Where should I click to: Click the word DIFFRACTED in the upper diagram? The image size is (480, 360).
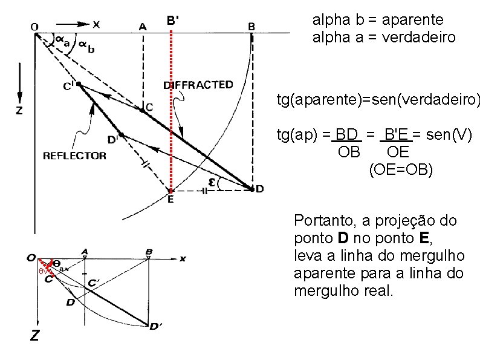[198, 85]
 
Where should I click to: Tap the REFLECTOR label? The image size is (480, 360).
[74, 155]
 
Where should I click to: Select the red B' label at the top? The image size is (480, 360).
[172, 21]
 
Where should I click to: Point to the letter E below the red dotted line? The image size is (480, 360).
[170, 200]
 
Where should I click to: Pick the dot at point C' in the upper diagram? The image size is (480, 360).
[79, 84]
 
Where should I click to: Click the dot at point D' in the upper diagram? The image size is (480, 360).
[122, 134]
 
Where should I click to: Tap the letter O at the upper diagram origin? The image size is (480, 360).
[34, 26]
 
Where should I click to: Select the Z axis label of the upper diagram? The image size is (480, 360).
[19, 111]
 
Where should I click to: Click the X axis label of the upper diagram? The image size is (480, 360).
[96, 24]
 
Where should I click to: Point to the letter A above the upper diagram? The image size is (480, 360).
[143, 26]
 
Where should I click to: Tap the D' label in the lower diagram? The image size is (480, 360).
[155, 327]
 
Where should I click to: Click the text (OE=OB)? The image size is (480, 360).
[401, 170]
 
